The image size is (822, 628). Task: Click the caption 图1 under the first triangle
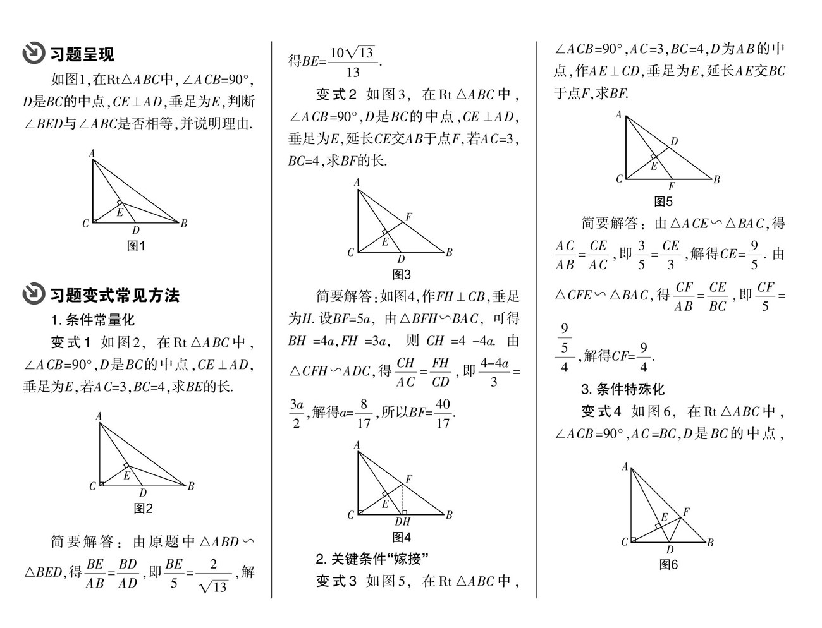pyautogui.click(x=136, y=246)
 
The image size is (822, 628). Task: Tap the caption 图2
pyautogui.click(x=144, y=509)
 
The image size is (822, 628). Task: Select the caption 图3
pyautogui.click(x=402, y=275)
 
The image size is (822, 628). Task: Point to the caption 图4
pyautogui.click(x=402, y=538)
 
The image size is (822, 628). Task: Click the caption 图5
pyautogui.click(x=663, y=202)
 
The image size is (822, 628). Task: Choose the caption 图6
pyautogui.click(x=668, y=565)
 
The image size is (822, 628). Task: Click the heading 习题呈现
pyautogui.click(x=82, y=55)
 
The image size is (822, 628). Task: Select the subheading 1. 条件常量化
pyautogui.click(x=93, y=320)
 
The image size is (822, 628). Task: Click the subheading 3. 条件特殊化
pyautogui.click(x=623, y=389)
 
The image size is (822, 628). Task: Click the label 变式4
pyautogui.click(x=601, y=412)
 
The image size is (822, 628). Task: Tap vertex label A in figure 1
pyautogui.click(x=92, y=153)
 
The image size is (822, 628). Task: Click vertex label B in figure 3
pyautogui.click(x=449, y=253)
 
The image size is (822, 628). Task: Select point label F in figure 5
pyautogui.click(x=671, y=186)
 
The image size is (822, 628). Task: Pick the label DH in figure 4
pyautogui.click(x=403, y=522)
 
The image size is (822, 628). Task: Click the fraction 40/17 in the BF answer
pyautogui.click(x=443, y=414)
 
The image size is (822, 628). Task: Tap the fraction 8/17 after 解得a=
pyautogui.click(x=363, y=414)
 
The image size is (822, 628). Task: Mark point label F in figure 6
pyautogui.click(x=686, y=512)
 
